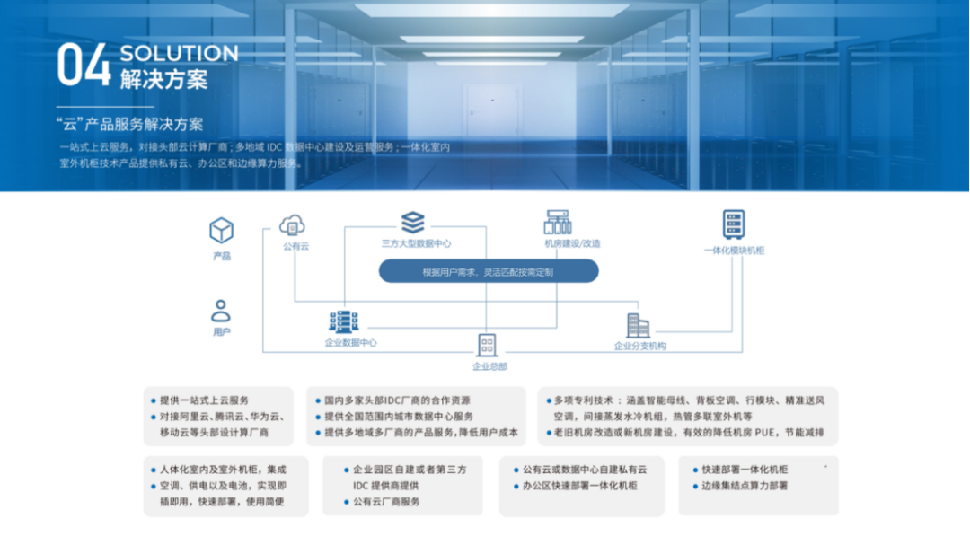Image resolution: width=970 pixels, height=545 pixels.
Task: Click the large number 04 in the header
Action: (84, 65)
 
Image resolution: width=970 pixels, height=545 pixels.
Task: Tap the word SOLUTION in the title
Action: (179, 53)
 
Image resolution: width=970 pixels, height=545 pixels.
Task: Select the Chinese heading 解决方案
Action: (163, 79)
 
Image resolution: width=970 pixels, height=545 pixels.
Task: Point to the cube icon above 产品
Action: (221, 231)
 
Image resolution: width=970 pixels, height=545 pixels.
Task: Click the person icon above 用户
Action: (221, 311)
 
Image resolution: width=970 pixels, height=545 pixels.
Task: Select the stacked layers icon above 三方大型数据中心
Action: (413, 222)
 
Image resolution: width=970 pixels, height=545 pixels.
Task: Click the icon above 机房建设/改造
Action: (558, 223)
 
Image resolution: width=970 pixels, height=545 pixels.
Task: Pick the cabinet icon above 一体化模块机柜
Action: (734, 224)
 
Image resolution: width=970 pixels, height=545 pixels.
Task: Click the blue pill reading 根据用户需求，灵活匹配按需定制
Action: (488, 271)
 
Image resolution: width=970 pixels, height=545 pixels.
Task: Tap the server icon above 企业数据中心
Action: (343, 321)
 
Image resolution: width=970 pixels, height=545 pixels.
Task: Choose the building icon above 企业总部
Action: (487, 345)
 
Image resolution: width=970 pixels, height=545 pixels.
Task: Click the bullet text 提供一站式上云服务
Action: (204, 400)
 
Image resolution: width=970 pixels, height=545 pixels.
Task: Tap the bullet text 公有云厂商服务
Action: (386, 502)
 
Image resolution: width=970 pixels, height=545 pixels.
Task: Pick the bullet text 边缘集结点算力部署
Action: (745, 486)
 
